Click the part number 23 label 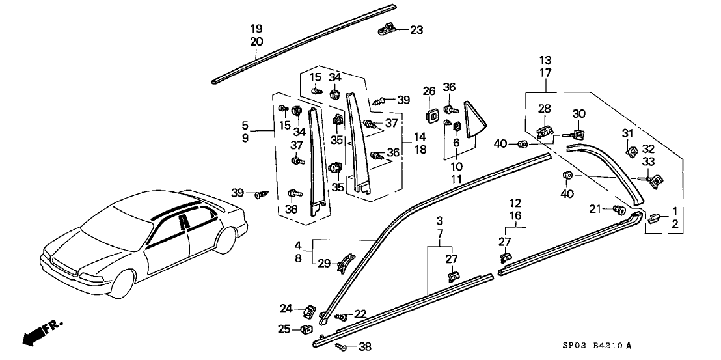click(x=416, y=29)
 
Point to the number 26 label click(x=429, y=90)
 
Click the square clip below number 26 click(x=429, y=113)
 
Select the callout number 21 click(x=594, y=208)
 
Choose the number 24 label click(x=286, y=309)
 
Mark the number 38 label click(x=365, y=348)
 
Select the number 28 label click(x=544, y=108)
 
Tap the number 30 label click(x=579, y=113)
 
